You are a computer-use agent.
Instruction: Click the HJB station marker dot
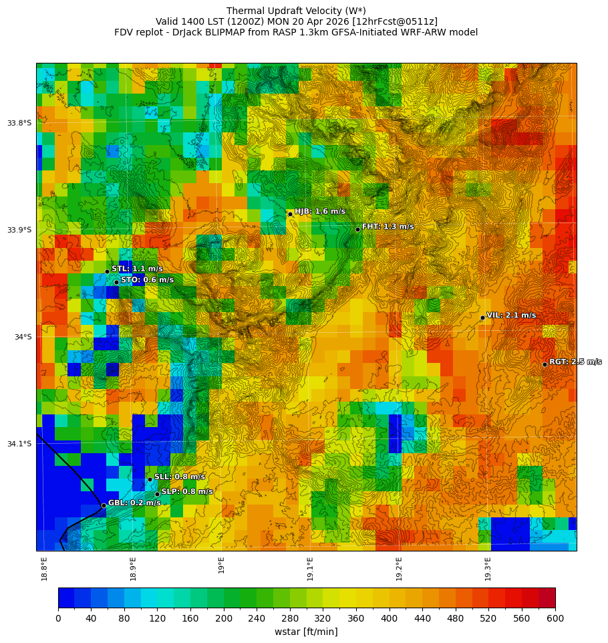(290, 214)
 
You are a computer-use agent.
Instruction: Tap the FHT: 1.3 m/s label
(388, 227)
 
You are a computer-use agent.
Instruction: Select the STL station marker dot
(107, 271)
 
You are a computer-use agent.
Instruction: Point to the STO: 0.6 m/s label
(147, 280)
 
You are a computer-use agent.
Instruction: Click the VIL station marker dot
(482, 317)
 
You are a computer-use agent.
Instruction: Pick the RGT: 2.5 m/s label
(575, 362)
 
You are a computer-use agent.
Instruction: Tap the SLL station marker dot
(150, 479)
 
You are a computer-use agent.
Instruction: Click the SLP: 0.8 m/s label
(187, 491)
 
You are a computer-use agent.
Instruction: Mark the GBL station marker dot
(104, 505)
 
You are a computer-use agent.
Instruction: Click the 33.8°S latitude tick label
(19, 123)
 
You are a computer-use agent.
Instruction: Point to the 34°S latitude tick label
(23, 337)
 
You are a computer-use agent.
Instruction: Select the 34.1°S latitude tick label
(19, 444)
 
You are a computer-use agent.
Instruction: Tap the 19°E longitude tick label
(222, 565)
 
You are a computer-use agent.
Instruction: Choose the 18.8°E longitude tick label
(44, 569)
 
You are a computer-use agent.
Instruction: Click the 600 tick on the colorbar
(555, 618)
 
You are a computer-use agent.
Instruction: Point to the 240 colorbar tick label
(257, 618)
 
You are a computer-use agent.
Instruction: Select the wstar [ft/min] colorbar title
(306, 632)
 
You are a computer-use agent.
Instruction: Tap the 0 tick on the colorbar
(58, 618)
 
